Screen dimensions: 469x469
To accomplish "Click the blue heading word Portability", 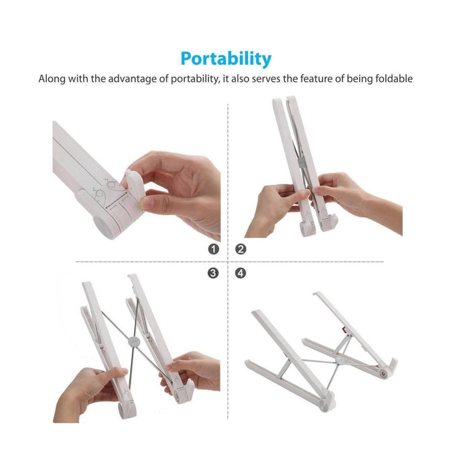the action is point(226,59).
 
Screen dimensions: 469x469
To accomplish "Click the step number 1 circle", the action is point(214,249).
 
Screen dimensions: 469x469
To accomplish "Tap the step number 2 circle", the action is point(241,249).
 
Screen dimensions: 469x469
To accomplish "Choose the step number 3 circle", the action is point(213,273).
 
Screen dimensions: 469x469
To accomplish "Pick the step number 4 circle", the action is point(241,273).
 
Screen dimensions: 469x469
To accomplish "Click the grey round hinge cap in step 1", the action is point(103,226).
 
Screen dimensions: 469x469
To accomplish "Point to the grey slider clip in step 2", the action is point(301,162).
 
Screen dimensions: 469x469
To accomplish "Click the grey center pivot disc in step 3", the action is point(134,342).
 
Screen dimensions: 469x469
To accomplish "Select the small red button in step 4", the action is point(344,330).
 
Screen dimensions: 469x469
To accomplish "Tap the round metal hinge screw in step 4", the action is point(383,373).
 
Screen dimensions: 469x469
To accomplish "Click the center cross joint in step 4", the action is point(338,361).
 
